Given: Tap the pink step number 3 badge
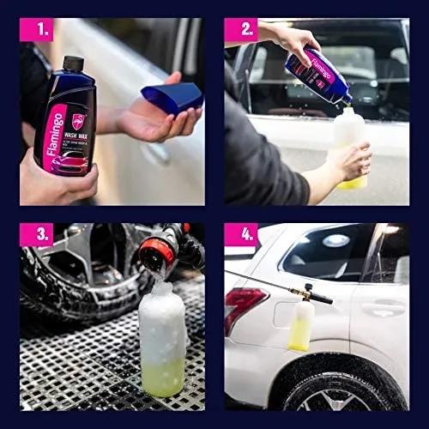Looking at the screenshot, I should (36, 234).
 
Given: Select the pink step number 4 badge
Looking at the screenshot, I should (241, 234).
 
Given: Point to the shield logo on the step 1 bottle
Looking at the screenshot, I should (78, 121).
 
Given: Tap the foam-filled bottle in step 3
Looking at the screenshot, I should (162, 343).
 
